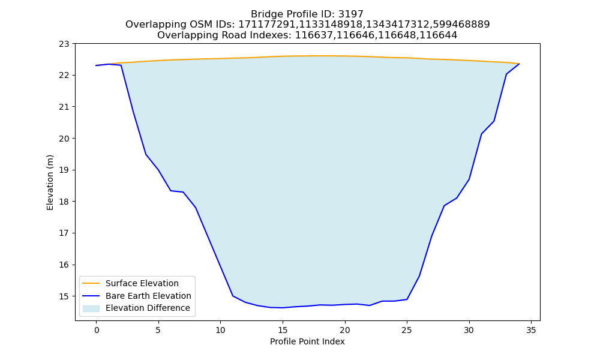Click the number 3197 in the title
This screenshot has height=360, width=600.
[x=350, y=14]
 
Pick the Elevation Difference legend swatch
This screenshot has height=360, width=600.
[x=91, y=308]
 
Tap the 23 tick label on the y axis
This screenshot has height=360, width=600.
[x=64, y=44]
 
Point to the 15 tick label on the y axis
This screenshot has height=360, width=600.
[x=64, y=296]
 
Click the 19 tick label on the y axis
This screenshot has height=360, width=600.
[x=64, y=170]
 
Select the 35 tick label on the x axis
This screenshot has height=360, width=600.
[x=531, y=330]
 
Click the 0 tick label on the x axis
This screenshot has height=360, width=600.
[x=97, y=330]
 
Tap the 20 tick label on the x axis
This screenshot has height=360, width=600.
[x=345, y=330]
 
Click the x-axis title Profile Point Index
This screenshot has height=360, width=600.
[x=307, y=341]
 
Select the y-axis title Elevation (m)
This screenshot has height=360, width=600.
[x=50, y=182]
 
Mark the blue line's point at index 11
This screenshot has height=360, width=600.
[x=233, y=296]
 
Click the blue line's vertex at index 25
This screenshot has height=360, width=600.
[x=407, y=299]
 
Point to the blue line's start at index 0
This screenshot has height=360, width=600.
[x=97, y=65]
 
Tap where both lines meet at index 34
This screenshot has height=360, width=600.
[x=519, y=64]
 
